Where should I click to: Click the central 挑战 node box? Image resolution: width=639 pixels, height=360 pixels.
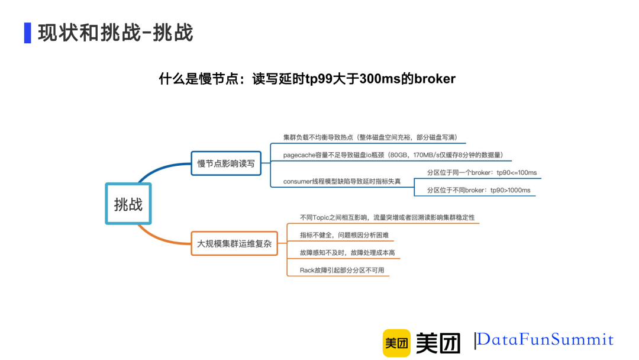click(128, 204)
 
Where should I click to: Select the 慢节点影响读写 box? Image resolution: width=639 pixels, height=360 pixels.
click(225, 163)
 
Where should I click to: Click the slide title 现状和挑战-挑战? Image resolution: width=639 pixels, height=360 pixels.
click(115, 33)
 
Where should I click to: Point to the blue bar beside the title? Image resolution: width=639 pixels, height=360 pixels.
click(27, 33)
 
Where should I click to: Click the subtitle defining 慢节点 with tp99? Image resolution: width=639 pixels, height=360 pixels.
click(307, 79)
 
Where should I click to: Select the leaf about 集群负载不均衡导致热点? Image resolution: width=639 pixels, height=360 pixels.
click(370, 137)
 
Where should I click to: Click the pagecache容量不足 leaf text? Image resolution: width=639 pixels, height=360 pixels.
click(393, 155)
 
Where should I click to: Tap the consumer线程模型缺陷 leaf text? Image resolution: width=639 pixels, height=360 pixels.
click(342, 181)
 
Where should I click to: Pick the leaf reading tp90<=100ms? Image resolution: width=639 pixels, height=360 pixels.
click(482, 172)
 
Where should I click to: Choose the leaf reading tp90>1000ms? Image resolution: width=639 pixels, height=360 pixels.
click(479, 190)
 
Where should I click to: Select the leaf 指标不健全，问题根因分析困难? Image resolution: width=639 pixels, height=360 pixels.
click(344, 235)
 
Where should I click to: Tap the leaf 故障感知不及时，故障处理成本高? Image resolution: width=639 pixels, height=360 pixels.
click(347, 253)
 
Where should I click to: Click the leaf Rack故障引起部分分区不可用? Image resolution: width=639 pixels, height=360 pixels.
click(342, 270)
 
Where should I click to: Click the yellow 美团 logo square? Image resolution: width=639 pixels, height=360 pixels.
click(396, 343)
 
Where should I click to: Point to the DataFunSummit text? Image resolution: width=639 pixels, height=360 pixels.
click(545, 340)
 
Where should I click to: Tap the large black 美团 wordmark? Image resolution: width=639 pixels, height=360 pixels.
click(438, 343)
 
